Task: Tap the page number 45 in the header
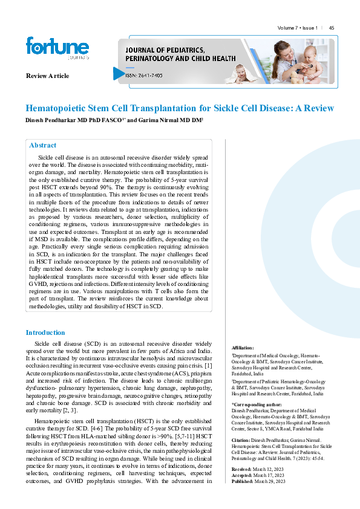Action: [x=332, y=28]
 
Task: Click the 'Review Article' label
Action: [x=47, y=76]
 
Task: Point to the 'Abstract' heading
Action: [x=43, y=146]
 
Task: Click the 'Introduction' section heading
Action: [x=45, y=332]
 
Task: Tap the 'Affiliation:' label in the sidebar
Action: [x=243, y=348]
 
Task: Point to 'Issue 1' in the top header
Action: [x=309, y=28]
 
